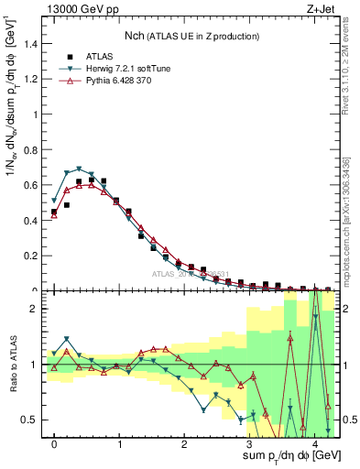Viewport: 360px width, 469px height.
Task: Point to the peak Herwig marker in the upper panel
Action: pos(80,169)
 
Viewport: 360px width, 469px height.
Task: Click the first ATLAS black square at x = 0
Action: pos(54,212)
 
